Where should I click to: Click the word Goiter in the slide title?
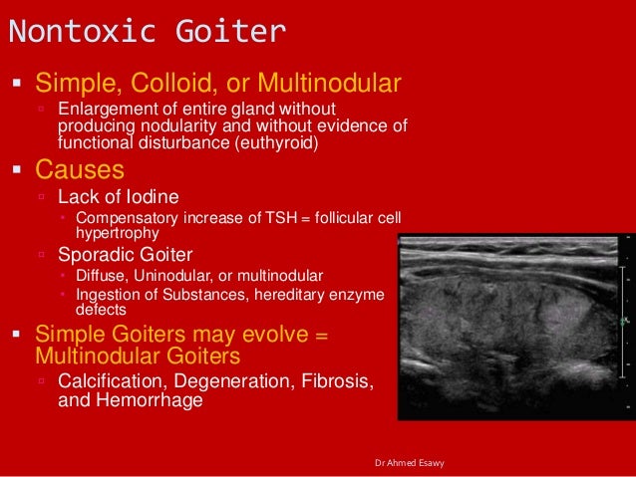[x=225, y=32]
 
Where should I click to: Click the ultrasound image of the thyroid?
[x=514, y=325]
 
